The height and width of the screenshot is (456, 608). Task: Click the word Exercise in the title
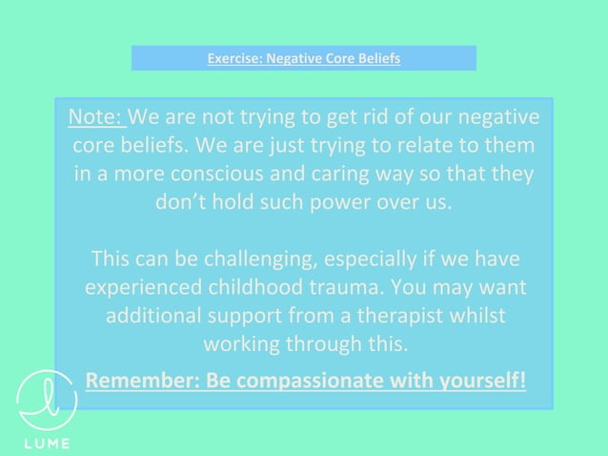[x=233, y=59]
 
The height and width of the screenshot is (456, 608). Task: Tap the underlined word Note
[x=95, y=118]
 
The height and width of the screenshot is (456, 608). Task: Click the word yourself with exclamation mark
[x=474, y=381]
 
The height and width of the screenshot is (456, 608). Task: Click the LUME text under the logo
[x=46, y=445]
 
